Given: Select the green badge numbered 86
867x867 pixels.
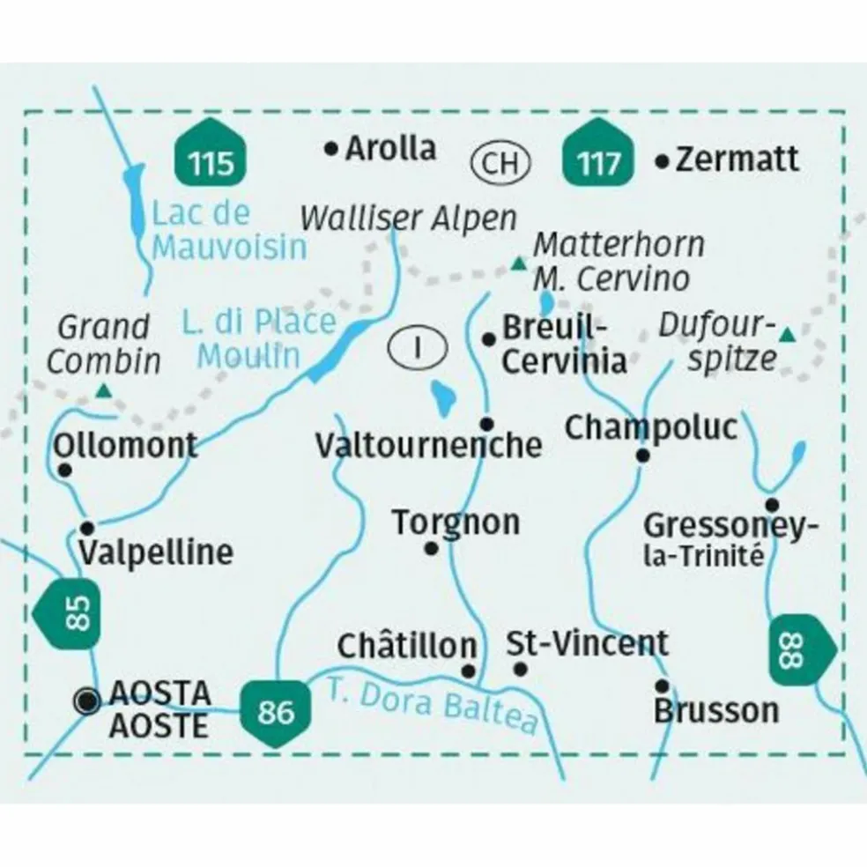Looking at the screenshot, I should click(277, 710).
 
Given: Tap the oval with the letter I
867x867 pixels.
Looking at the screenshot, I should click(417, 346).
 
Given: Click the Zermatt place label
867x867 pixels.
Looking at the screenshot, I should click(738, 159).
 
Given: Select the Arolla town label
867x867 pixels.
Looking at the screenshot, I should click(390, 148).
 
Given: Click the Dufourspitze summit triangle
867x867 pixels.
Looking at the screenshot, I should click(787, 334).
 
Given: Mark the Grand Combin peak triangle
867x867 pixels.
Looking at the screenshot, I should click(104, 390).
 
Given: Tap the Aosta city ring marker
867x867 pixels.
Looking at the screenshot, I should click(86, 700).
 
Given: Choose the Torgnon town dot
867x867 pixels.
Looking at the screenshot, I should click(432, 549).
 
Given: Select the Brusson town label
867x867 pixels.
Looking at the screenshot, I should click(716, 710).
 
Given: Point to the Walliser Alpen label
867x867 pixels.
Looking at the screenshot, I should click(407, 219).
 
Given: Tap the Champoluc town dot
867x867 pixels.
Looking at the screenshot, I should click(643, 456).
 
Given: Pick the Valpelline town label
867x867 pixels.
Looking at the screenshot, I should click(156, 552).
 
